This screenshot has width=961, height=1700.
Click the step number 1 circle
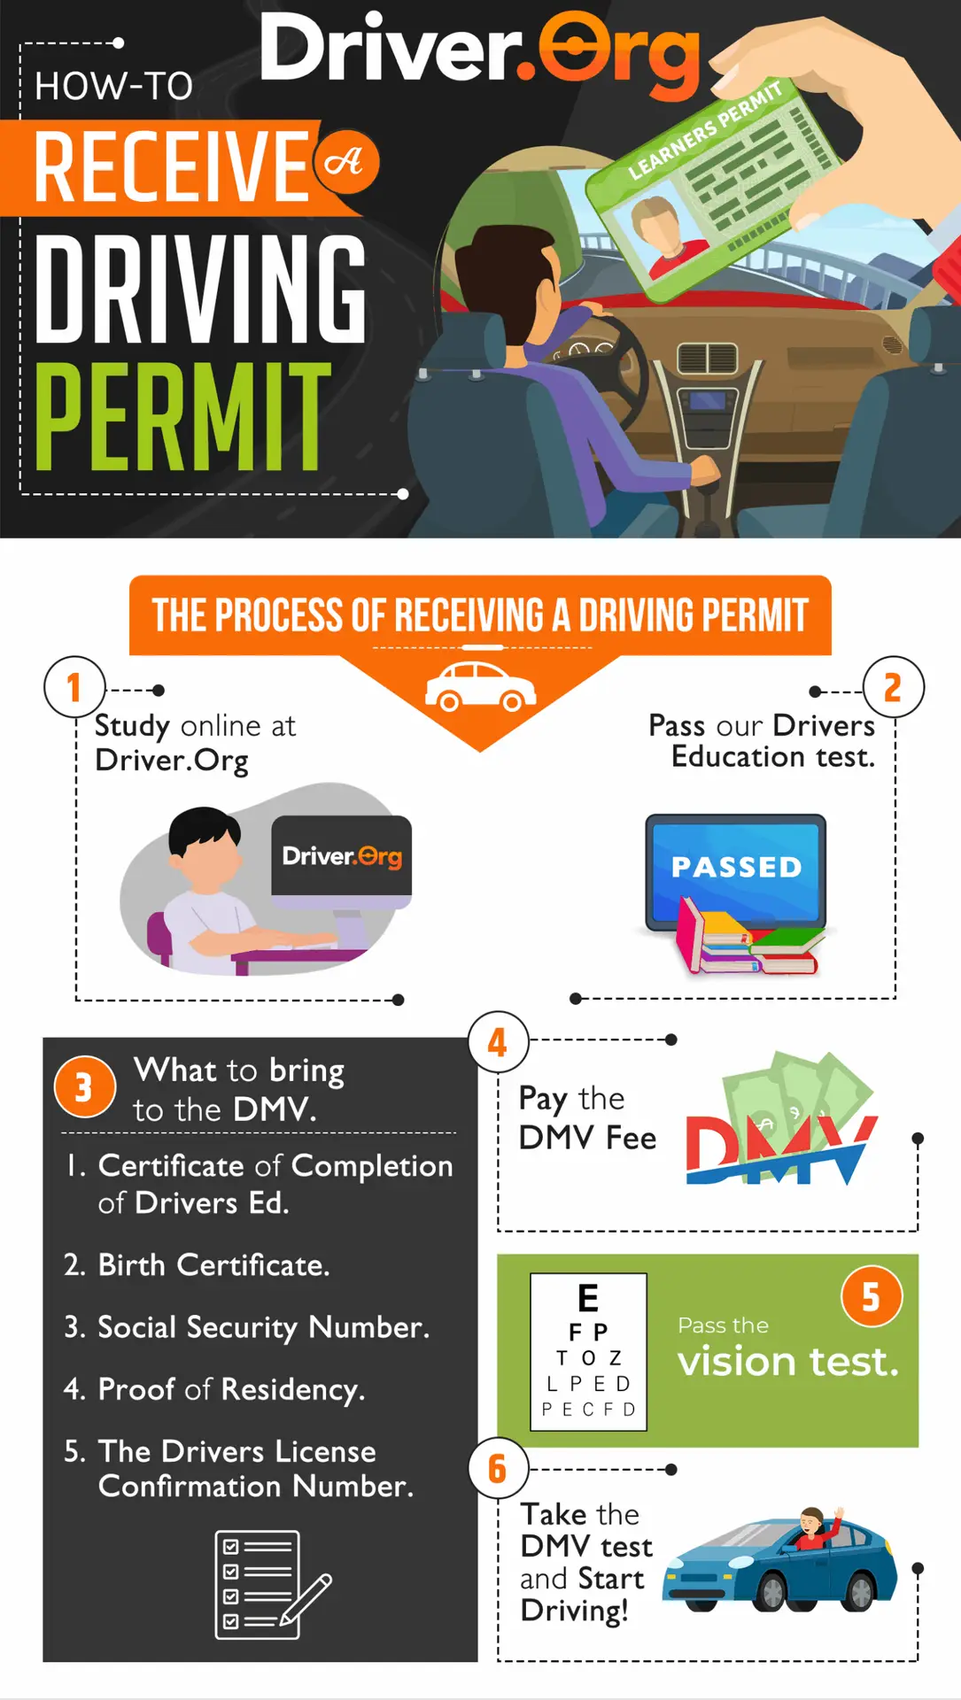(x=74, y=687)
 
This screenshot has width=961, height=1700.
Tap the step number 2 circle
(x=893, y=687)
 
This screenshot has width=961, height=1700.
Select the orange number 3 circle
(x=84, y=1086)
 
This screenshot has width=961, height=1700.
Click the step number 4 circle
(x=498, y=1042)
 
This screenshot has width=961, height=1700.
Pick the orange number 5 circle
(x=872, y=1296)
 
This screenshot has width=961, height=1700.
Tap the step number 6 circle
(x=498, y=1469)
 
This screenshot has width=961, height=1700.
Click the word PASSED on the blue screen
(x=736, y=867)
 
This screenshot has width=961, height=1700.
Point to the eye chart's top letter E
(x=588, y=1298)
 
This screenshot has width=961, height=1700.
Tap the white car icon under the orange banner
(x=480, y=686)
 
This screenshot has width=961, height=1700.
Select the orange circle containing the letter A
(x=345, y=162)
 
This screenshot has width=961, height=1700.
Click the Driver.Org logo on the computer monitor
(x=342, y=856)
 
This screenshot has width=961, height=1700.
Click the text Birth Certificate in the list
(x=213, y=1265)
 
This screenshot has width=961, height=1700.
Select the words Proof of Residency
(x=230, y=1390)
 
